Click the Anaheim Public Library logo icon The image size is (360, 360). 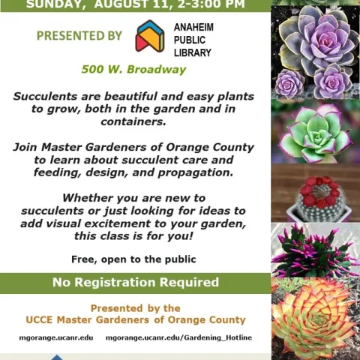pyautogui.click(x=149, y=36)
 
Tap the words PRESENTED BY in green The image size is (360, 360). pyautogui.click(x=79, y=35)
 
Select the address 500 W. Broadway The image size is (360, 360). pyautogui.click(x=133, y=70)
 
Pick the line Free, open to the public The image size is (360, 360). pyautogui.click(x=133, y=259)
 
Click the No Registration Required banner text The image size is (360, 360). pyautogui.click(x=135, y=283)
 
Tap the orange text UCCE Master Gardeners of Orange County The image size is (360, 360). pyautogui.click(x=135, y=320)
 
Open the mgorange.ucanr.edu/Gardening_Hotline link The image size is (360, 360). pyautogui.click(x=178, y=338)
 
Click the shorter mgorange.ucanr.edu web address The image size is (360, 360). pyautogui.click(x=55, y=338)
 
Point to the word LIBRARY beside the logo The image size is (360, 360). pyautogui.click(x=193, y=53)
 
